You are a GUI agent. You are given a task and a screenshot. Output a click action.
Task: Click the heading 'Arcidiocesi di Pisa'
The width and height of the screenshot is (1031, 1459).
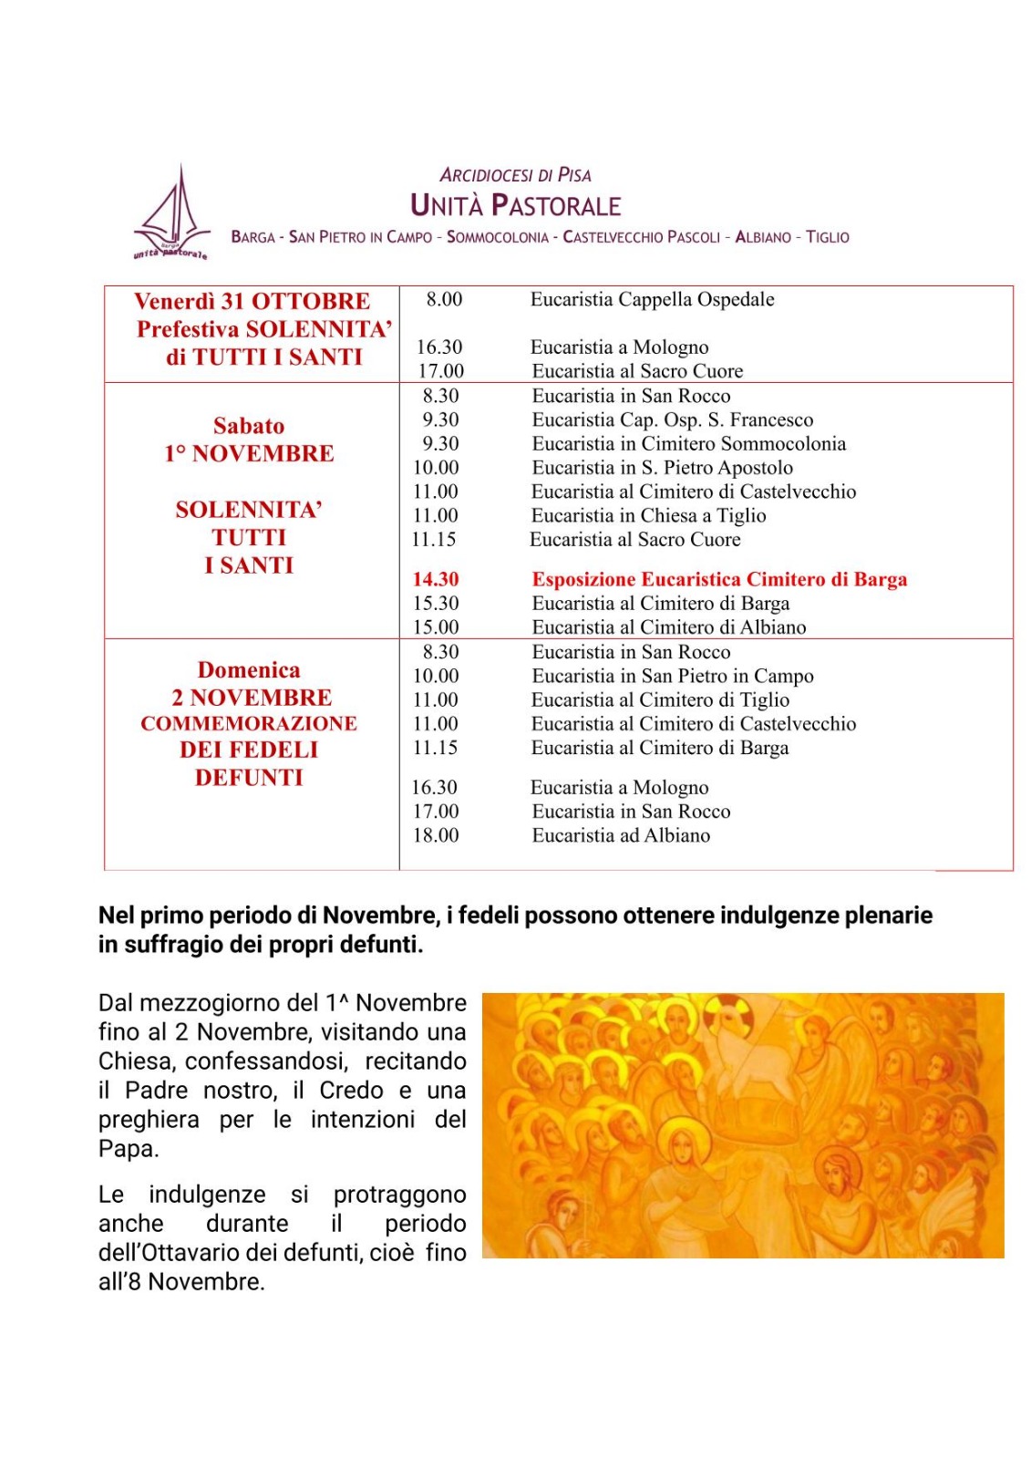(515, 175)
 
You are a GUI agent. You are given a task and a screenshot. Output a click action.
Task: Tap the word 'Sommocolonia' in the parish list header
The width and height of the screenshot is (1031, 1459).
(497, 237)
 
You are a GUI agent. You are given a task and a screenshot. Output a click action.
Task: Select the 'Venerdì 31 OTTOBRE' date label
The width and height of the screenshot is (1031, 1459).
(252, 301)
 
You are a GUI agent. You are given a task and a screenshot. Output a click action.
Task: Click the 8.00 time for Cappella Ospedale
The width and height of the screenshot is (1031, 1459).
(444, 299)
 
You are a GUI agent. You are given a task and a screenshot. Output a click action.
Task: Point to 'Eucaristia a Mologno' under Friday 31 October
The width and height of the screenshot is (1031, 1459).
(619, 347)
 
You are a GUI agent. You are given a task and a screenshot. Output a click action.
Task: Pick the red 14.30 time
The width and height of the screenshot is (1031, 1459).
(436, 579)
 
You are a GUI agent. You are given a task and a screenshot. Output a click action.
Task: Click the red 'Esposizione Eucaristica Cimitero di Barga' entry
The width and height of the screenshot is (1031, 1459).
(719, 579)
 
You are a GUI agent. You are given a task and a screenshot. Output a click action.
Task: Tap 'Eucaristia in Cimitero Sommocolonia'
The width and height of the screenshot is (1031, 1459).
(688, 444)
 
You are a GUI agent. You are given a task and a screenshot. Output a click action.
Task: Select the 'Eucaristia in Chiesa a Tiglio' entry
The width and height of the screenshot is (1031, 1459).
(648, 515)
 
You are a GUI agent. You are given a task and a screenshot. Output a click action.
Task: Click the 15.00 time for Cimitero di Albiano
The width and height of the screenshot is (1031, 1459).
(436, 627)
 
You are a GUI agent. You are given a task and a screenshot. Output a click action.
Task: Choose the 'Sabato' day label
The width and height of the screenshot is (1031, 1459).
(249, 426)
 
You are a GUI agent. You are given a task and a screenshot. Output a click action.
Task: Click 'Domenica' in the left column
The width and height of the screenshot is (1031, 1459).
(249, 670)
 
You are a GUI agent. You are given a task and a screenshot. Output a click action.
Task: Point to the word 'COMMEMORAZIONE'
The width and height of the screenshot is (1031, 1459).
(249, 723)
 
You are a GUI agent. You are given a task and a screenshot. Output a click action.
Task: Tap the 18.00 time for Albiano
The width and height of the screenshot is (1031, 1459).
(436, 835)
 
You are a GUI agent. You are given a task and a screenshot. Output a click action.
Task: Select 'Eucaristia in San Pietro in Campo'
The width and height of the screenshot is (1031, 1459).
(673, 676)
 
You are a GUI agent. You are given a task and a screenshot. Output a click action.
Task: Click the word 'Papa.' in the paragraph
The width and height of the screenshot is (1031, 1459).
(129, 1149)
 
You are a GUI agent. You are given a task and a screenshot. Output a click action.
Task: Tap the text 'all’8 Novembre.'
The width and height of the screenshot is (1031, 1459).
(181, 1282)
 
